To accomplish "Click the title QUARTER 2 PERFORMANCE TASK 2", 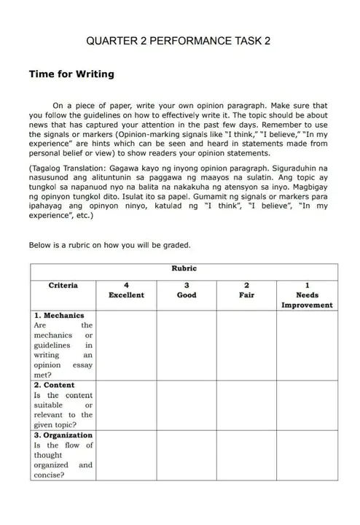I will pyautogui.click(x=179, y=42).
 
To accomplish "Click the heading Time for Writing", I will pyautogui.click(x=71, y=74).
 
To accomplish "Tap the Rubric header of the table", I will pyautogui.click(x=184, y=268).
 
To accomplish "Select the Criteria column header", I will pyautogui.click(x=63, y=285).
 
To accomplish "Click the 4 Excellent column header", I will pyautogui.click(x=126, y=290).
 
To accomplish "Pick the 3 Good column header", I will pyautogui.click(x=187, y=290).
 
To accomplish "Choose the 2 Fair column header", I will pyautogui.click(x=246, y=290).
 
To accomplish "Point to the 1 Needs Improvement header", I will pyautogui.click(x=307, y=295).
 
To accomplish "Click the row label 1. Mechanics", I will pyautogui.click(x=59, y=316).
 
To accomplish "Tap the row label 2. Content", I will pyautogui.click(x=55, y=385).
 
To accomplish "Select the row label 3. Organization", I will pyautogui.click(x=63, y=435).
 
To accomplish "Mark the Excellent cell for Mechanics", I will pyautogui.click(x=126, y=345).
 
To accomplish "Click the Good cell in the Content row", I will pyautogui.click(x=187, y=405).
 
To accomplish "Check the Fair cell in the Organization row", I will pyautogui.click(x=246, y=455).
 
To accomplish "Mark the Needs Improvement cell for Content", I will pyautogui.click(x=307, y=405).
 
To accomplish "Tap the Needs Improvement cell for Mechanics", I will pyautogui.click(x=307, y=345).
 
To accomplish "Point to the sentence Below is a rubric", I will pyautogui.click(x=109, y=245).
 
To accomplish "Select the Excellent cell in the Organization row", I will pyautogui.click(x=126, y=455).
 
